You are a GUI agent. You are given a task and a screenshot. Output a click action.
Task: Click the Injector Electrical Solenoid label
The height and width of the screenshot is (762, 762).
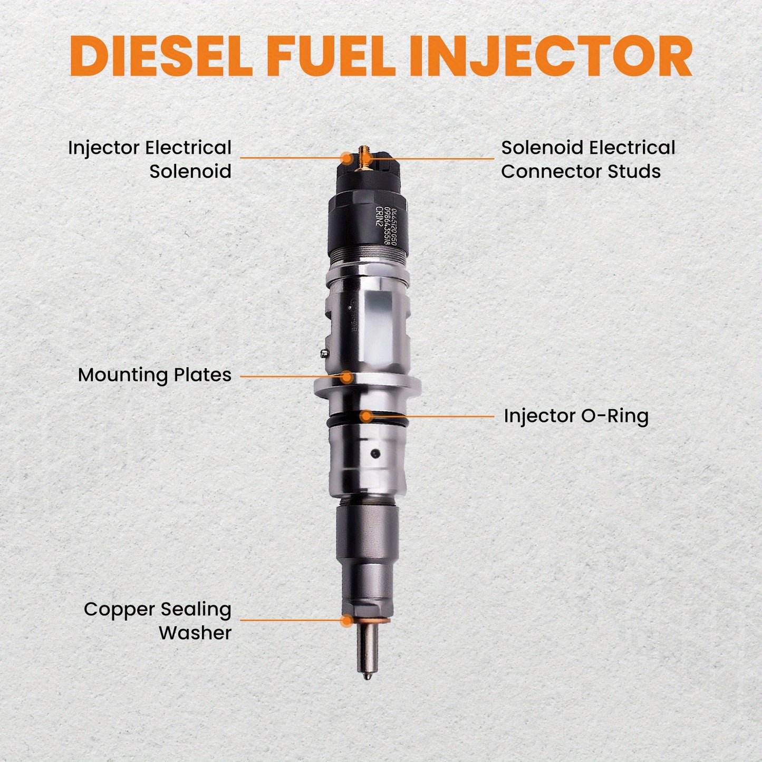point(150,159)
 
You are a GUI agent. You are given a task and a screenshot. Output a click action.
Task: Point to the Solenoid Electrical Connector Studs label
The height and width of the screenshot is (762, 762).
point(587,159)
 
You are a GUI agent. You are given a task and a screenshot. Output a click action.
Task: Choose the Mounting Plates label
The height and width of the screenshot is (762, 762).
point(155,375)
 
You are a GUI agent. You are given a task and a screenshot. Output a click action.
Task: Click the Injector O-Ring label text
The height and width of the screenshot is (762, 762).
point(576,416)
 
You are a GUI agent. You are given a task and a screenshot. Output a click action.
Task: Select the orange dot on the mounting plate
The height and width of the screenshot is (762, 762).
point(346,377)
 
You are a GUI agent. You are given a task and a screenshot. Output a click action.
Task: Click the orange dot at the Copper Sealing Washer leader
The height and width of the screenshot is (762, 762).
point(346,620)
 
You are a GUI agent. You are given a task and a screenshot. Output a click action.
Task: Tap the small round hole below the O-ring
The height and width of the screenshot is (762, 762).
point(375,453)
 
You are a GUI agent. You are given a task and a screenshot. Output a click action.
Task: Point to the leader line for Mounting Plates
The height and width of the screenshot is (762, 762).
point(290,377)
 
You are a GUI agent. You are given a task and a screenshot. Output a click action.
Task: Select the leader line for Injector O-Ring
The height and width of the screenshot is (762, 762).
point(432,416)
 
